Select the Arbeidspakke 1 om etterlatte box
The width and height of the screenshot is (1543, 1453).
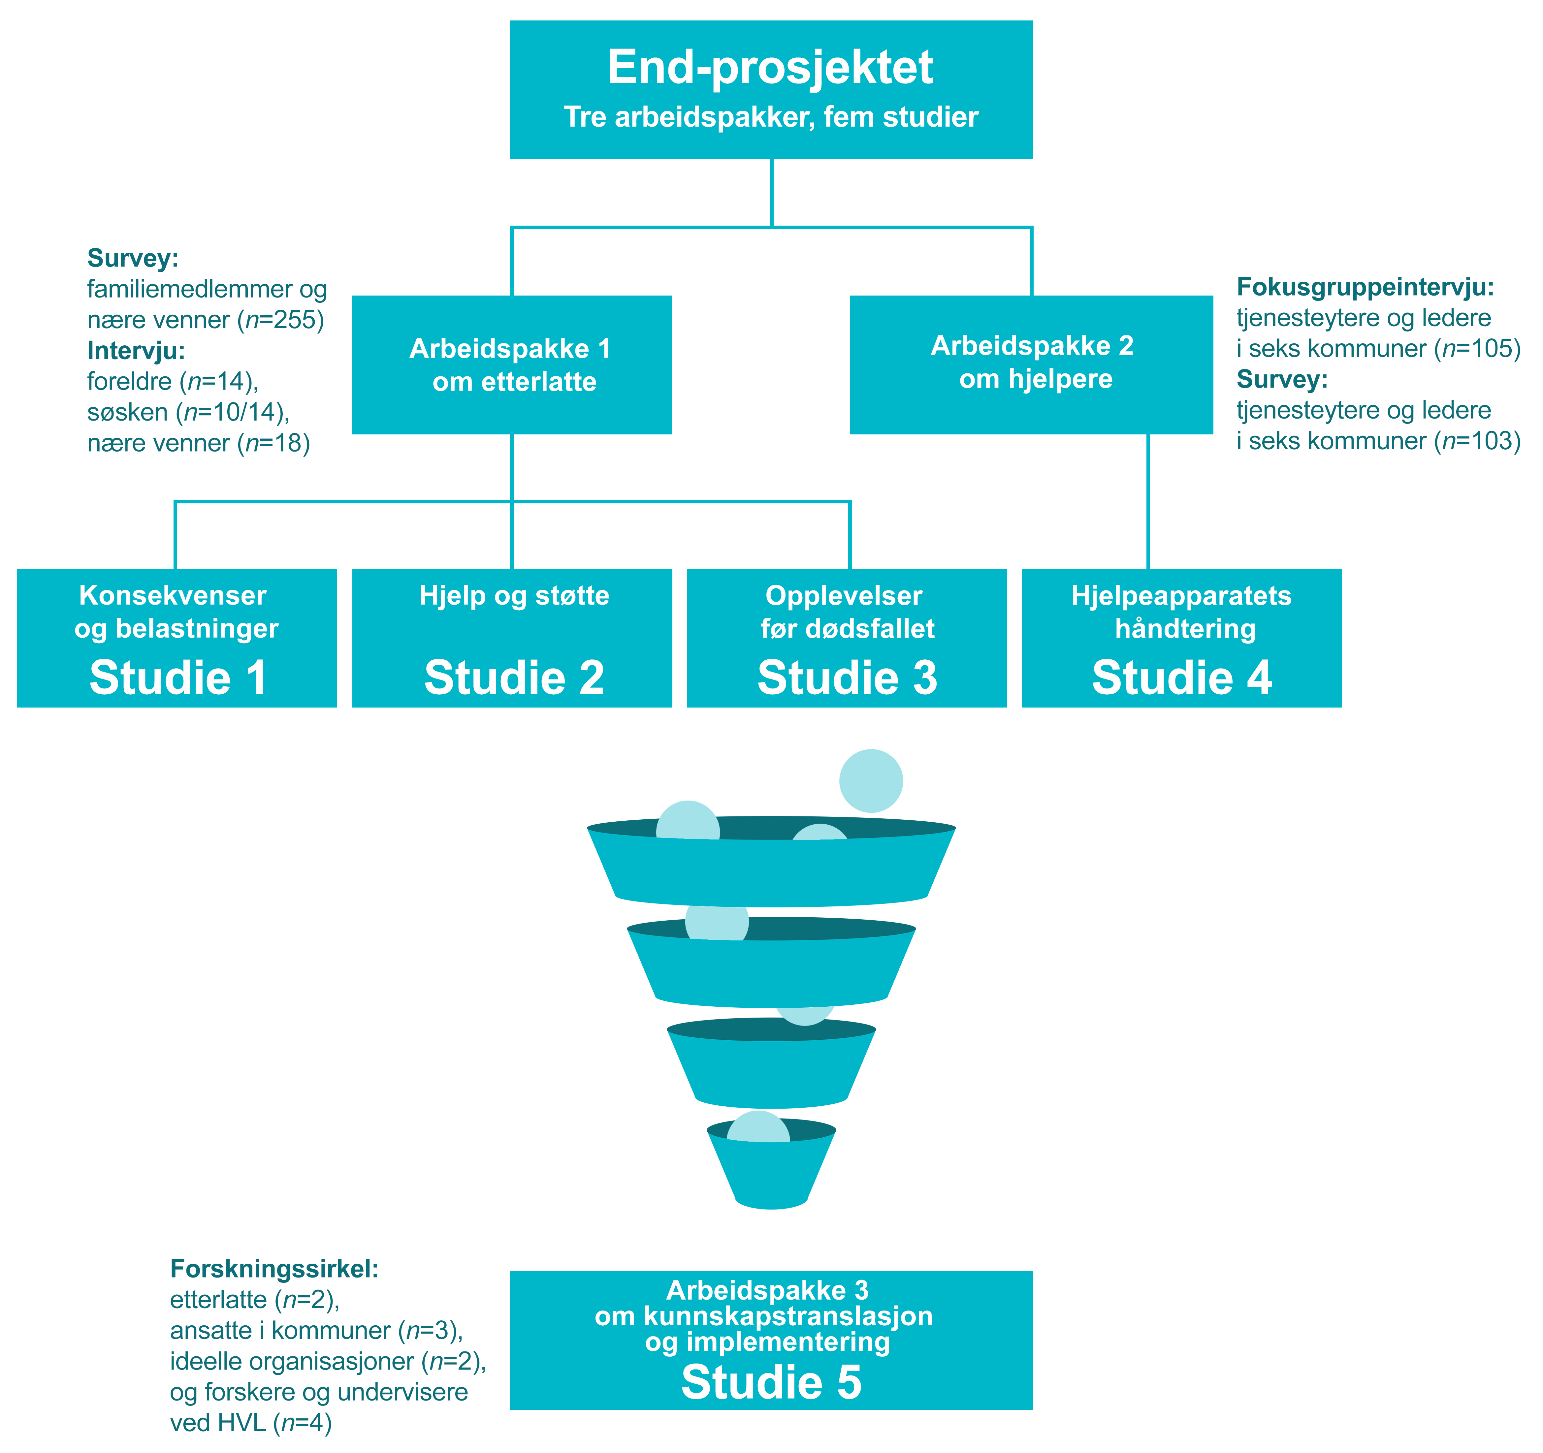point(511,365)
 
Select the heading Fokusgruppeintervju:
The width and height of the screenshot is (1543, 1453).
point(1365,287)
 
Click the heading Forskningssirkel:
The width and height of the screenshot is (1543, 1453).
point(274,1269)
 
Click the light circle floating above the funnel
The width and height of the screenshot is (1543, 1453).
point(871,781)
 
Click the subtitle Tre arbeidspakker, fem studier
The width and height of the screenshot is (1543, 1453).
point(771,117)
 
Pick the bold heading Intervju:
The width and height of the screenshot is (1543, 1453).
point(136,351)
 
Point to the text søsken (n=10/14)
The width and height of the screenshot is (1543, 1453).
point(188,412)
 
